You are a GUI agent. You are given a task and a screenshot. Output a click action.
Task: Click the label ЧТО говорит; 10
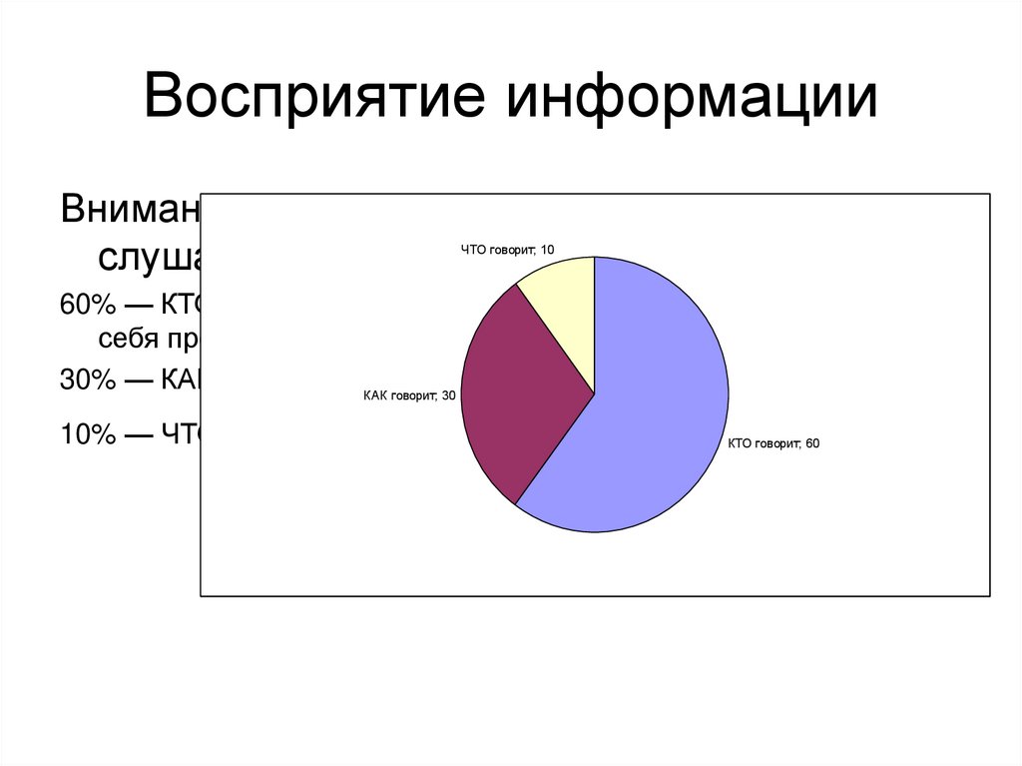click(x=507, y=250)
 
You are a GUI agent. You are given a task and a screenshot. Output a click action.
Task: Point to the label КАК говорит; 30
click(x=409, y=396)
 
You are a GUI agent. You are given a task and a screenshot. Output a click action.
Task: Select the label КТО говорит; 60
click(x=773, y=443)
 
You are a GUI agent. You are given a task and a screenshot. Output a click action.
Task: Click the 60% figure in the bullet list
click(x=82, y=306)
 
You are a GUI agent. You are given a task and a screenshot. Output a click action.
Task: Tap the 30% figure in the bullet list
click(x=82, y=380)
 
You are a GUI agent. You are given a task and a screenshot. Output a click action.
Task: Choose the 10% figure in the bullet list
click(x=82, y=434)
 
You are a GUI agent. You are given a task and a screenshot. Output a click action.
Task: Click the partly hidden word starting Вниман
click(x=130, y=210)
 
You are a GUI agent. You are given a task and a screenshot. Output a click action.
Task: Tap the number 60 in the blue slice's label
click(x=812, y=443)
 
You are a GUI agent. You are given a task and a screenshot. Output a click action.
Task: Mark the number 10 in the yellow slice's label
click(x=547, y=250)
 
